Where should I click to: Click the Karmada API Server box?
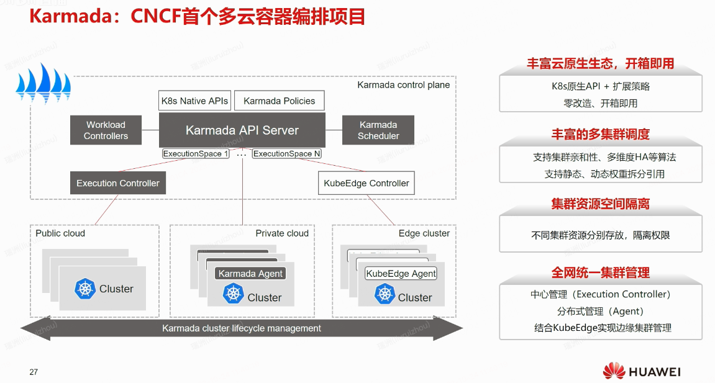tap(242, 130)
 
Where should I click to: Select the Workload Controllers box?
tap(106, 130)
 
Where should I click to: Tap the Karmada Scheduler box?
tap(378, 130)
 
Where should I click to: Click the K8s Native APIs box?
tap(195, 101)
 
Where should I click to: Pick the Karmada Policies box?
tap(280, 101)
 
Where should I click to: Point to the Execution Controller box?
tap(118, 183)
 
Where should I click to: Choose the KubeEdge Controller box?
tap(367, 183)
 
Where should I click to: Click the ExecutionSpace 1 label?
tap(196, 153)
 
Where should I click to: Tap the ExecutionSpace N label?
tap(287, 153)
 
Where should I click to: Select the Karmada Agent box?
tap(250, 274)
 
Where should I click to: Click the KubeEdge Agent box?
tap(401, 274)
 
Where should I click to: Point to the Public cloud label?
tap(60, 233)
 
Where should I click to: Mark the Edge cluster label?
tap(424, 233)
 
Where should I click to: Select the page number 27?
tap(34, 372)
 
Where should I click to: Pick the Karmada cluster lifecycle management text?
tap(242, 328)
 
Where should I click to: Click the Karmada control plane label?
tap(404, 85)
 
